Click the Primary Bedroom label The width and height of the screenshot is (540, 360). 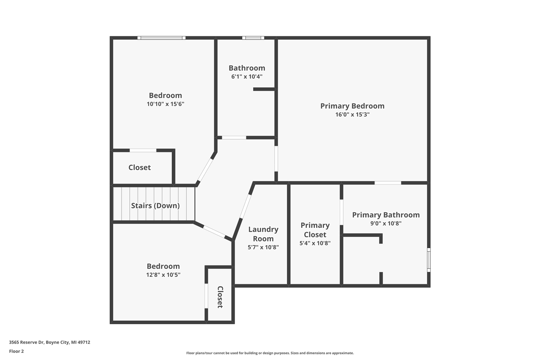click(352, 106)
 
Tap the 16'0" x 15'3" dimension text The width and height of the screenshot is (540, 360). click(352, 114)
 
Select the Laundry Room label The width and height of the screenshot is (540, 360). click(263, 234)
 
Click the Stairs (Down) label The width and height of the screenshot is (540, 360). click(155, 206)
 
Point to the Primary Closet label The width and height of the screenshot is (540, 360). click(315, 230)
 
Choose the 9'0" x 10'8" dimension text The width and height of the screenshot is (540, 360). click(386, 224)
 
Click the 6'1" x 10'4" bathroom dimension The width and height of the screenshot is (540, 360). click(247, 76)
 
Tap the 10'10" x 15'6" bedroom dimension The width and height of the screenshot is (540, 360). click(165, 104)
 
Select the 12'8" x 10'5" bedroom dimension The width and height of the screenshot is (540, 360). click(163, 275)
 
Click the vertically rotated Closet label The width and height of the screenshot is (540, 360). click(220, 297)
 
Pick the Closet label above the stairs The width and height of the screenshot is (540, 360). click(140, 168)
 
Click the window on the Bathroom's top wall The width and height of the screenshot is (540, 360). click(253, 38)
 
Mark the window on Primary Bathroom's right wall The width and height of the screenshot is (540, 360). click(429, 260)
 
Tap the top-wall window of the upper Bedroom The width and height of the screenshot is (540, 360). click(161, 38)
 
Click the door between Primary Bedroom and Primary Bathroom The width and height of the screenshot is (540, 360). click(388, 183)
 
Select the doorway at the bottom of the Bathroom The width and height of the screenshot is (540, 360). click(234, 138)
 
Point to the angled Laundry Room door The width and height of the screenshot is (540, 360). click(245, 206)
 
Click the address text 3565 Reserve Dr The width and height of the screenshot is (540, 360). click(49, 342)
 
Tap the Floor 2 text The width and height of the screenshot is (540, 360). click(16, 351)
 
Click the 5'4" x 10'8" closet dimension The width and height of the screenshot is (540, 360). click(315, 243)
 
